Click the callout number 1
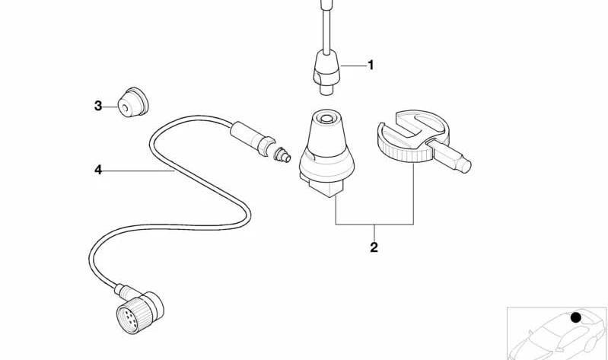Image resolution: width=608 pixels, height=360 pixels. click(371, 65)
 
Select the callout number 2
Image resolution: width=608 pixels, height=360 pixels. click(374, 247)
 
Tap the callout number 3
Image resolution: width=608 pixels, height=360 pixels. click(98, 106)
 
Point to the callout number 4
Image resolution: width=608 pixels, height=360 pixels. click(98, 170)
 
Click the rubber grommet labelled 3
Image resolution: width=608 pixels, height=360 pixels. click(133, 102)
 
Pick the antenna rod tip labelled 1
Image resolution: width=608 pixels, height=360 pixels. click(326, 72)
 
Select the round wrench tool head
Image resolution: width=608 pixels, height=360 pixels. click(413, 135)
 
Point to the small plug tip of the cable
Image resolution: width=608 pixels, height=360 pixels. click(282, 155)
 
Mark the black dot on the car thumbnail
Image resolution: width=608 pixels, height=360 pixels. click(576, 317)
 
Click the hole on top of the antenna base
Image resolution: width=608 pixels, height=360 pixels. click(326, 118)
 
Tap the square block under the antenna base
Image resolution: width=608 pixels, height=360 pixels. click(322, 187)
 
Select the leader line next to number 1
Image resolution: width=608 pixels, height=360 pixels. click(353, 66)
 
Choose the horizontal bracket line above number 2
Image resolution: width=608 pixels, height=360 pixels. click(374, 225)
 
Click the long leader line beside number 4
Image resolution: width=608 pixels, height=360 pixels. click(138, 170)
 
